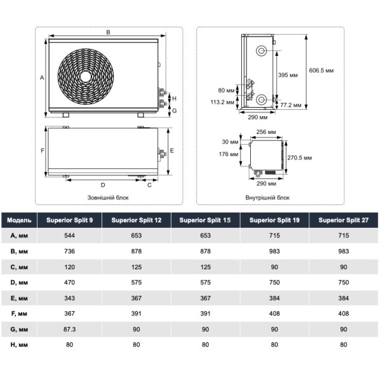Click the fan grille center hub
[85, 75]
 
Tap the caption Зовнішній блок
[107, 197]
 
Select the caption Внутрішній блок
[267, 197]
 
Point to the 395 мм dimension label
[289, 75]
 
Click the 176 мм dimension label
[230, 154]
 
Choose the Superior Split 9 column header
[69, 220]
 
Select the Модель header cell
[19, 220]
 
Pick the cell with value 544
[69, 236]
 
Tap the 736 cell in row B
[69, 251]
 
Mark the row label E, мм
[19, 297]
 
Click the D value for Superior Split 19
[274, 282]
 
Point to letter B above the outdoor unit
[108, 32]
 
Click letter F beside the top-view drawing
[41, 151]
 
